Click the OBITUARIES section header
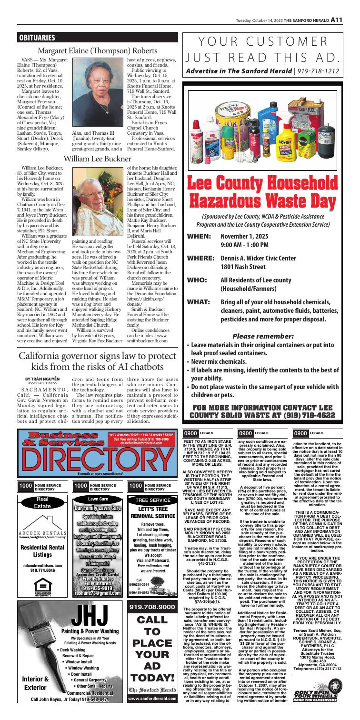[37, 37]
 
